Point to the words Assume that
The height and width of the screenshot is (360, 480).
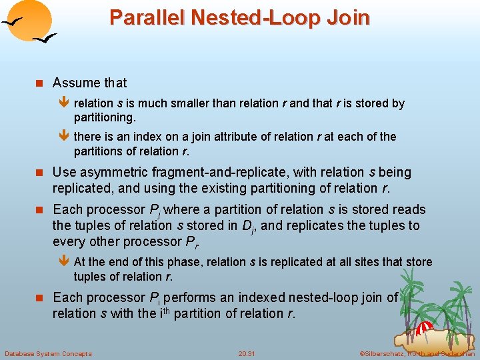coord(89,83)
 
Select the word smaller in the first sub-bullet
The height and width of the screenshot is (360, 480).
coord(193,103)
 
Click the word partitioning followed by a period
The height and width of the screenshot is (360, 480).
coord(105,117)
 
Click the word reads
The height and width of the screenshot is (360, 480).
coord(408,209)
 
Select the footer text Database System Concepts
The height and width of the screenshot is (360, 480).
coord(48,353)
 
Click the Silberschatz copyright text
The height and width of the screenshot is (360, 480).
coord(417,353)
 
